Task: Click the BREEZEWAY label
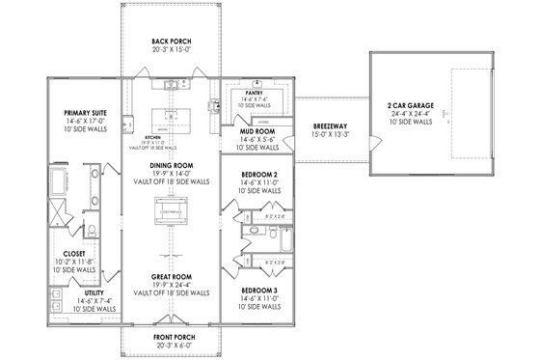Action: pos(330,126)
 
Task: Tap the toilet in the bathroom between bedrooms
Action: pos(274,235)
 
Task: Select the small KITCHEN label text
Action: pos(141,137)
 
